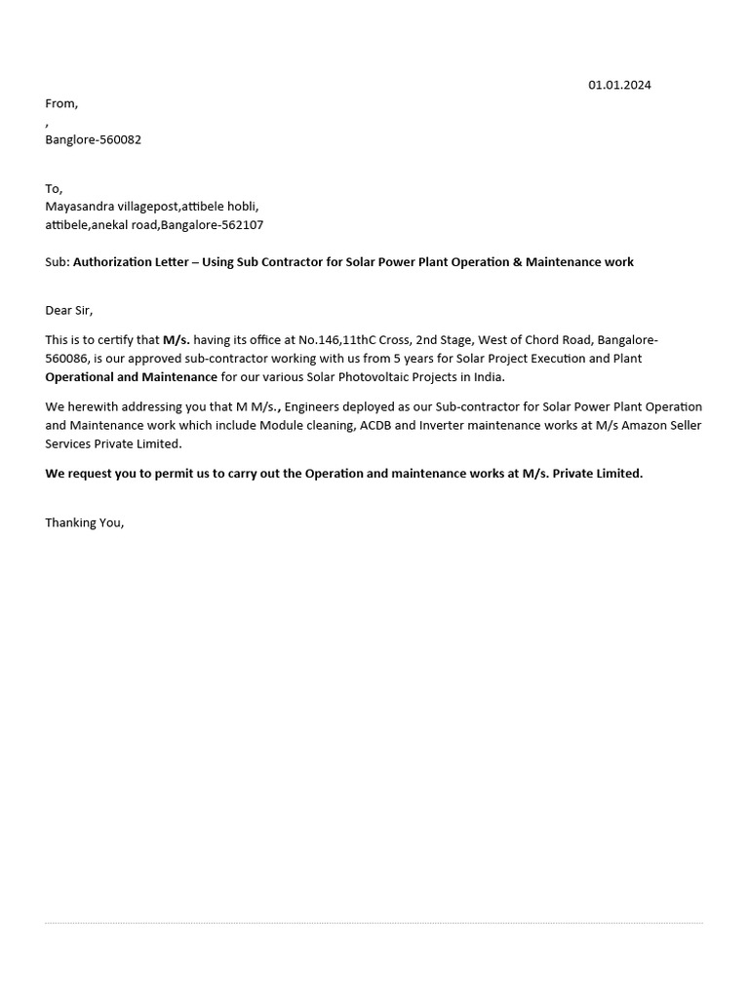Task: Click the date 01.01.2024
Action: pos(619,85)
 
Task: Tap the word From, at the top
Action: pos(61,103)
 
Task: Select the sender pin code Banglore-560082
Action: pos(93,139)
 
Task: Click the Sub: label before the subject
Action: pos(57,262)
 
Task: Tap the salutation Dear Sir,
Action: pos(68,311)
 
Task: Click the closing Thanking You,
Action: pos(85,523)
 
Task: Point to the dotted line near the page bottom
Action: pos(374,923)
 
